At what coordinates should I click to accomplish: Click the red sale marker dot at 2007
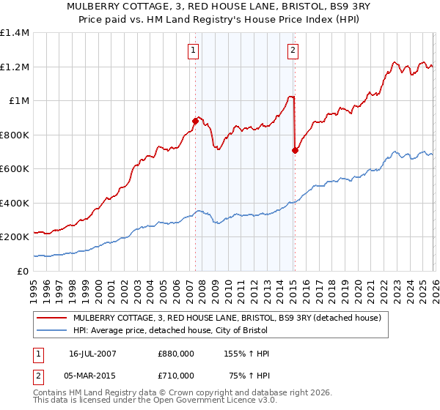coord(195,121)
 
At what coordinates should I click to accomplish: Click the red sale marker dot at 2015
coord(294,150)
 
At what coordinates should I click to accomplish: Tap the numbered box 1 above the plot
coord(192,51)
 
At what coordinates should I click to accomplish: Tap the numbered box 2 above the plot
coord(293,51)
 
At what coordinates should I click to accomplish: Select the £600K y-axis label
coord(15,169)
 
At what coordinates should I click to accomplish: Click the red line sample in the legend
coord(52,318)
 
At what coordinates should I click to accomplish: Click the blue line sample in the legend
coord(52,332)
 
